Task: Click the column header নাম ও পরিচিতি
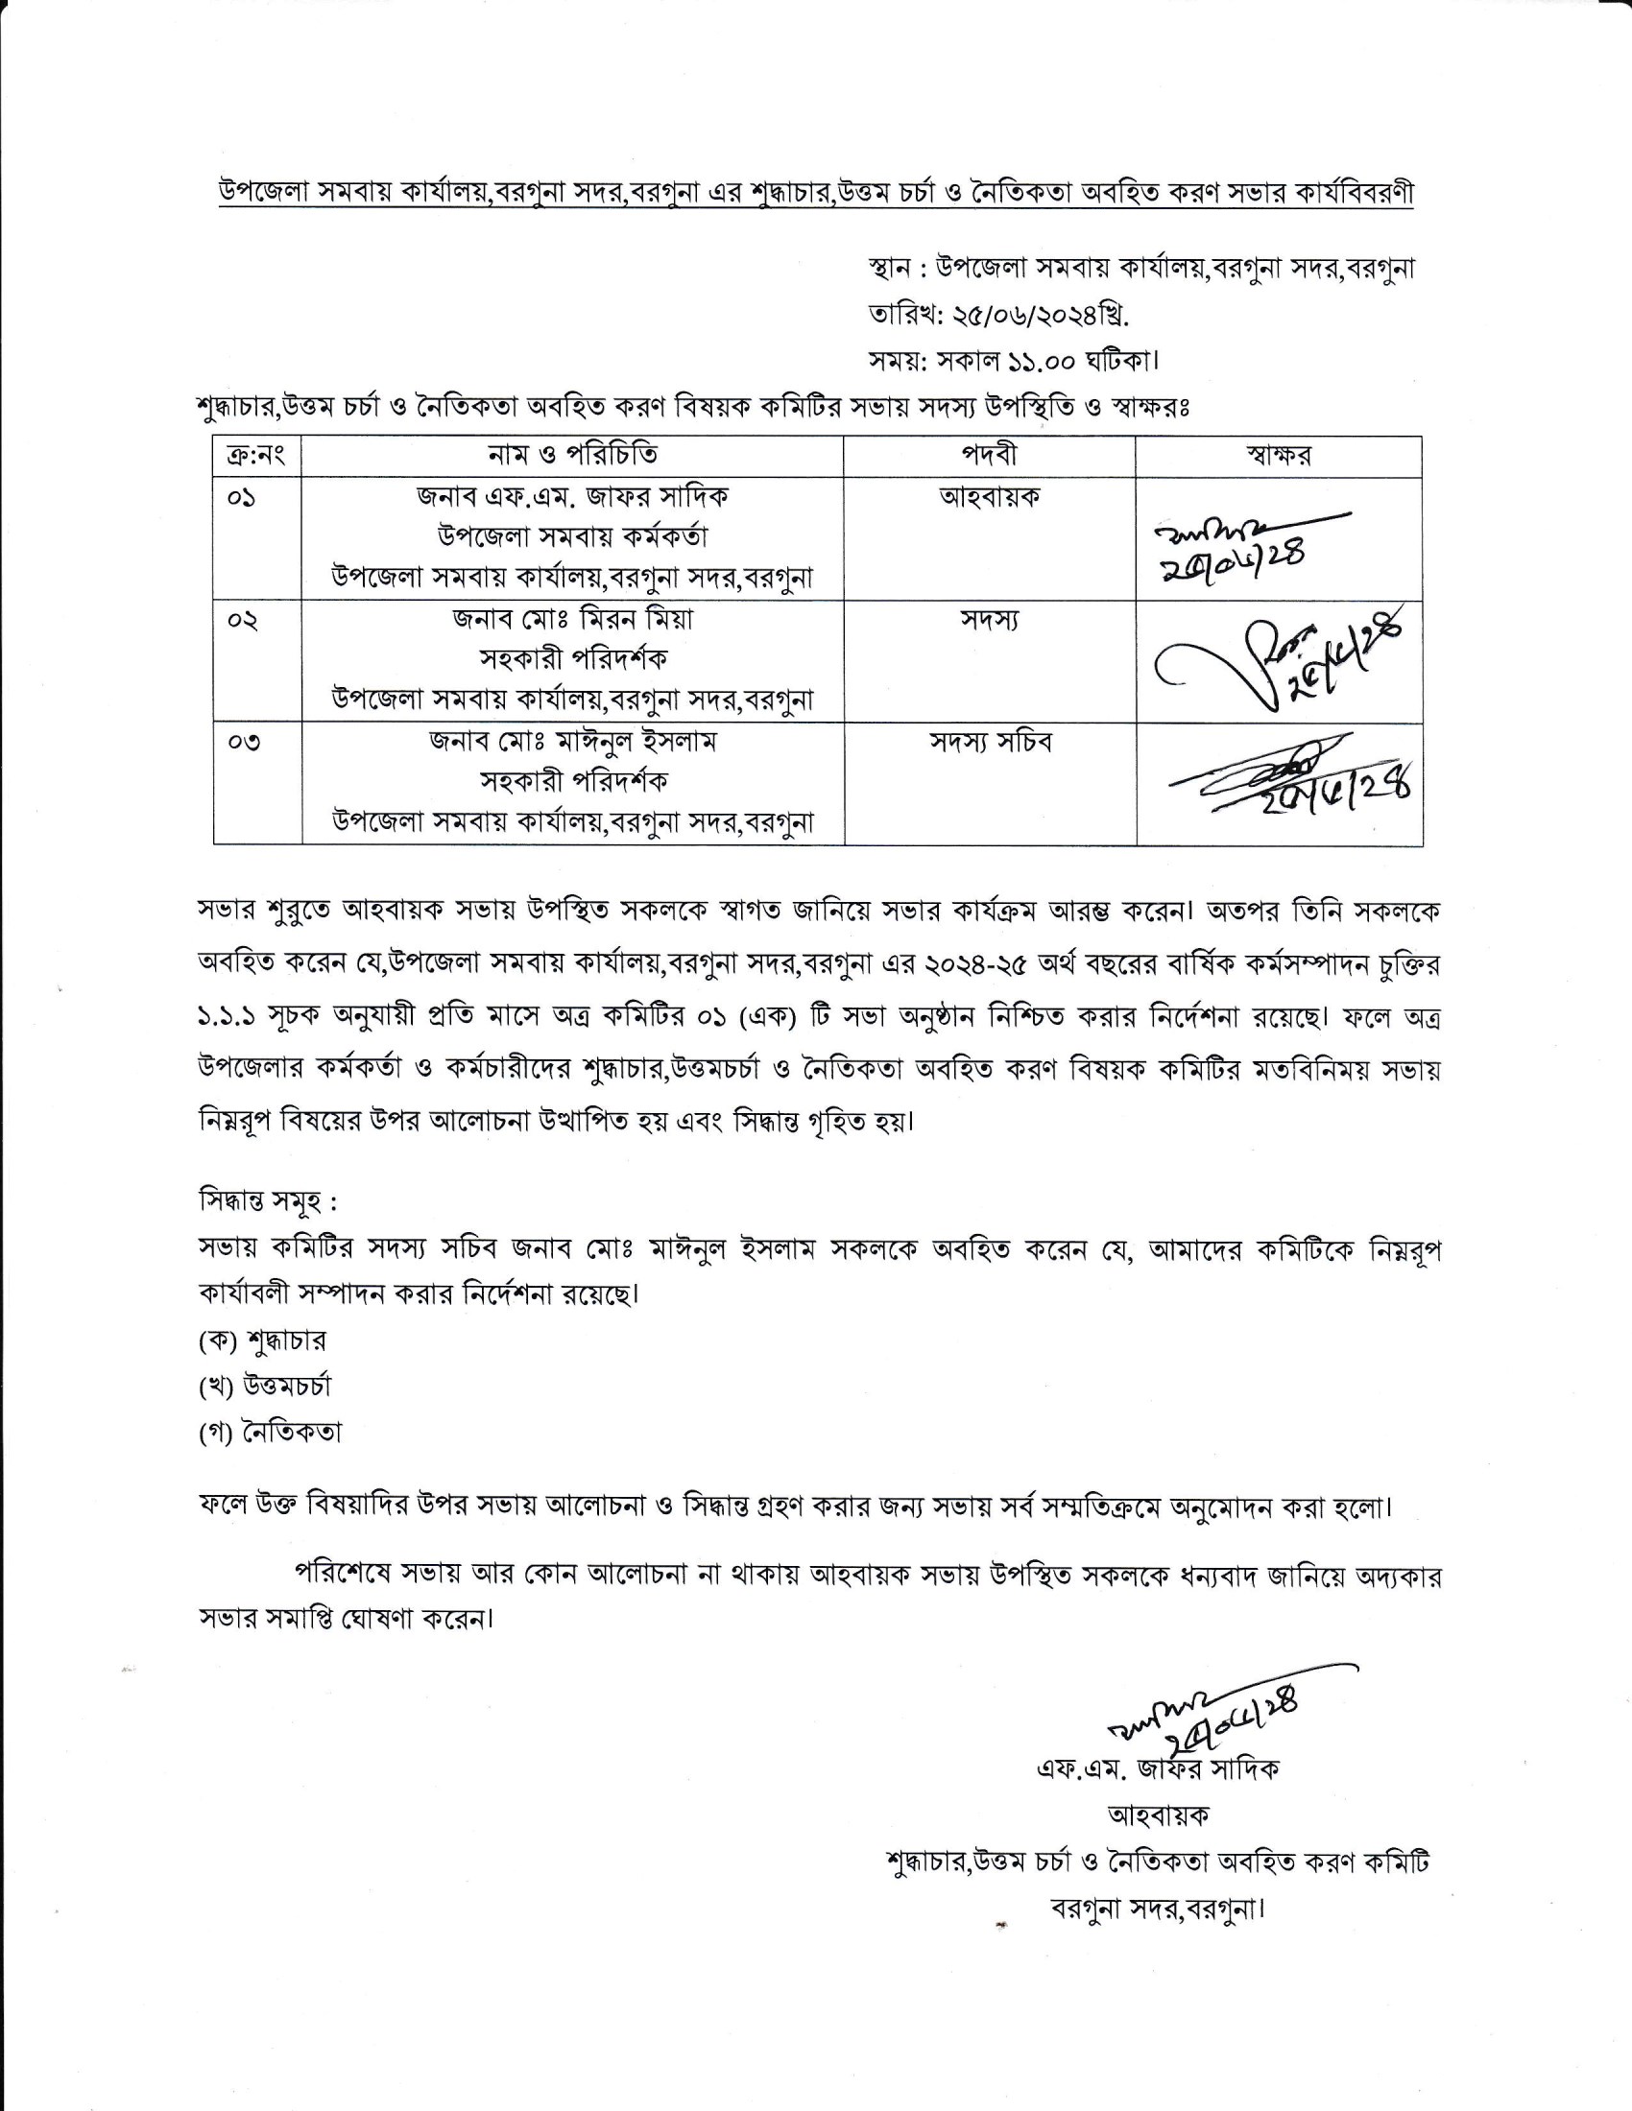[572, 455]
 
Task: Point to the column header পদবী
[988, 455]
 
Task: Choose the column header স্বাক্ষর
[1278, 455]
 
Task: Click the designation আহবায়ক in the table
[989, 498]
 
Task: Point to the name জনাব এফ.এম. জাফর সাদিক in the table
[572, 498]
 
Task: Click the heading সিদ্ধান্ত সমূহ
[267, 1203]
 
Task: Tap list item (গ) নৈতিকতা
[270, 1433]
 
